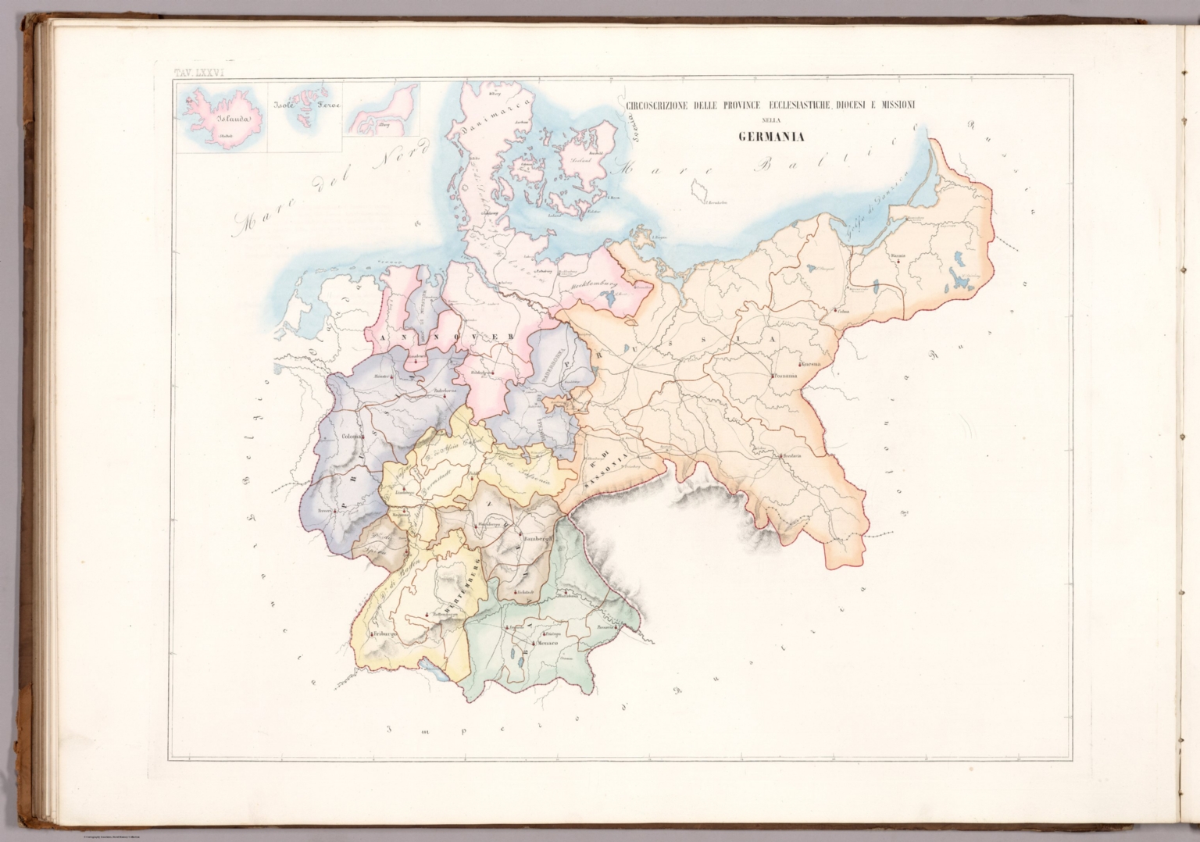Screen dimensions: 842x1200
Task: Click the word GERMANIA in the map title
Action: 771,139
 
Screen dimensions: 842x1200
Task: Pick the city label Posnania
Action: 787,375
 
